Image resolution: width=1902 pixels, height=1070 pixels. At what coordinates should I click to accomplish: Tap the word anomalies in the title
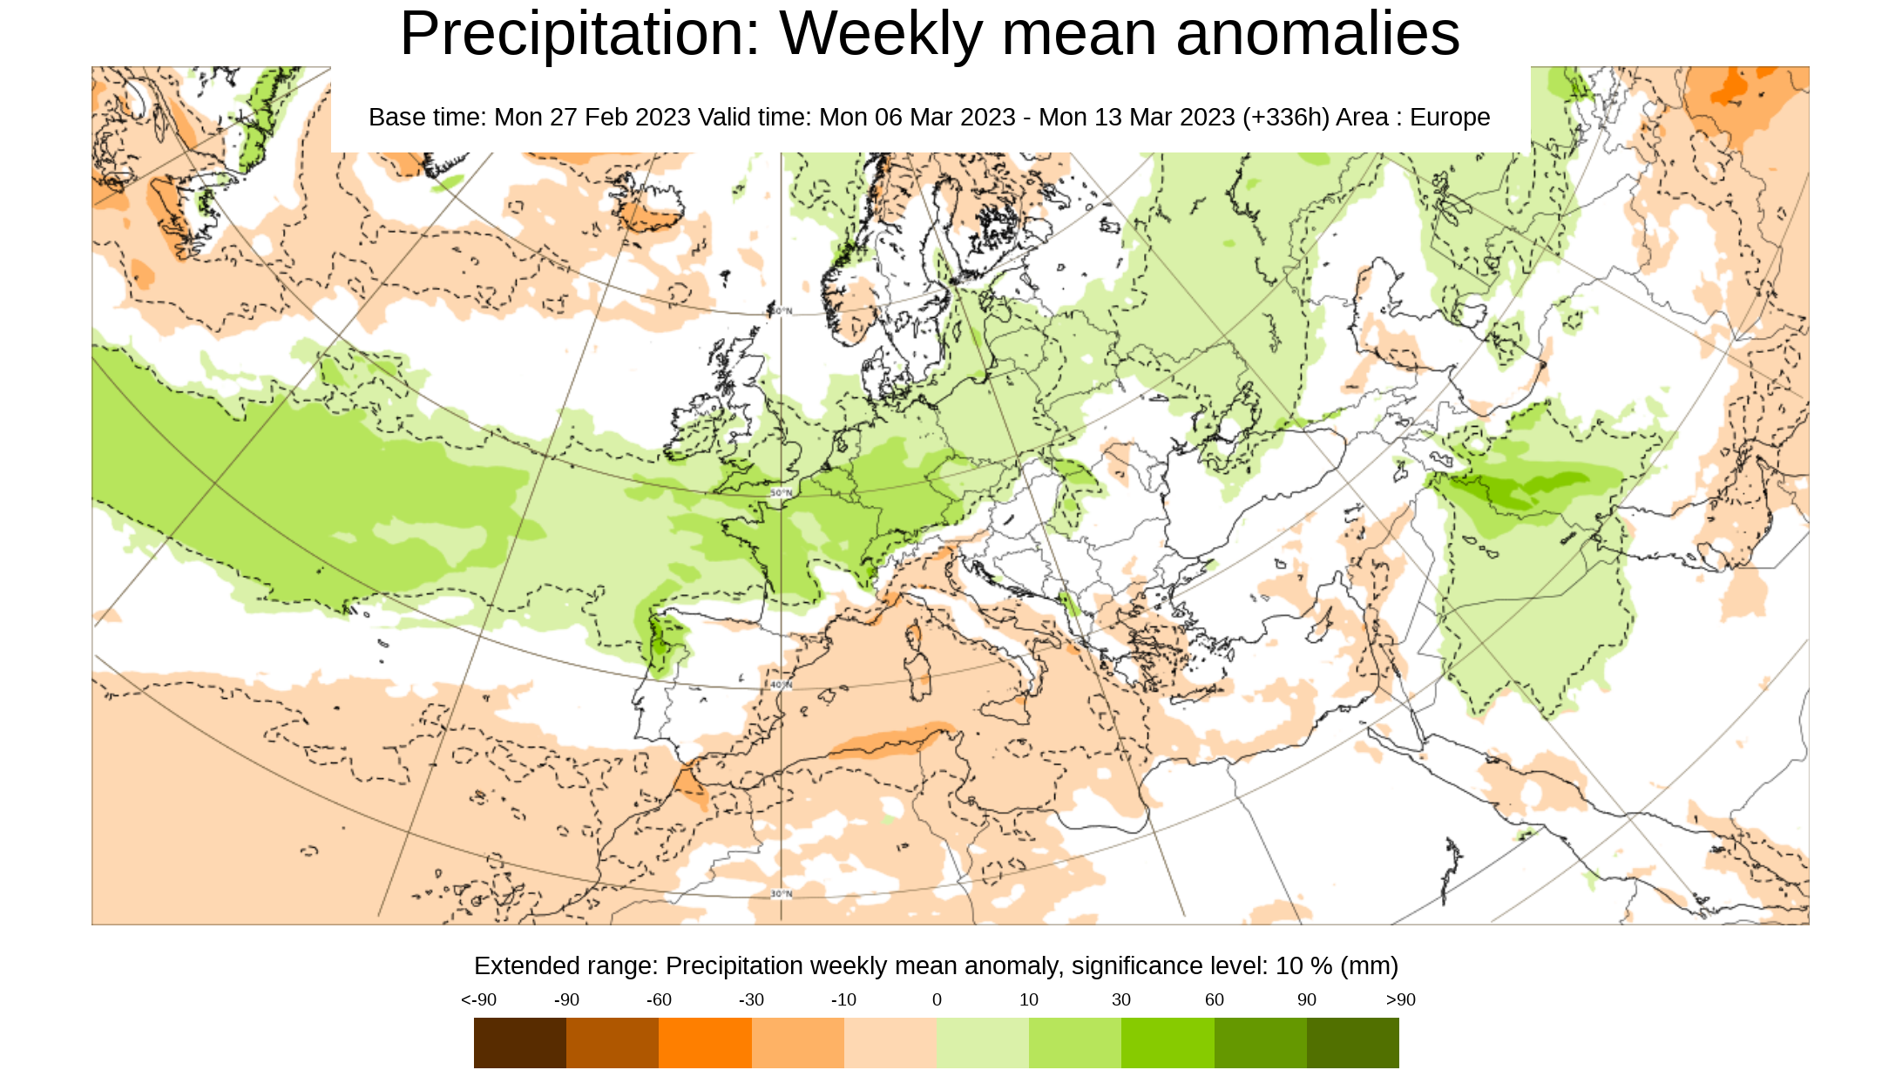1317,35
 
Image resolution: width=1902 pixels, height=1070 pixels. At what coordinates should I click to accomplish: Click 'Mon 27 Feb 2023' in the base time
592,118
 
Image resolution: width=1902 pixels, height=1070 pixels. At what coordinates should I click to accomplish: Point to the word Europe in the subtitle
1450,118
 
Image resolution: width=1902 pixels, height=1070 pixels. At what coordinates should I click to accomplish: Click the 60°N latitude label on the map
781,311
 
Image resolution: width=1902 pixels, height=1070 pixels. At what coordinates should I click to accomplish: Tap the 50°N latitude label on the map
781,493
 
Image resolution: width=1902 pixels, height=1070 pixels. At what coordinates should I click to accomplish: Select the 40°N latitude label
781,685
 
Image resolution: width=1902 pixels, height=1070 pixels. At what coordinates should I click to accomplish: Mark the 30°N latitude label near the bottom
781,894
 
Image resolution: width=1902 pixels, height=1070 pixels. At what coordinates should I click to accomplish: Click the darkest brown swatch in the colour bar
519,1042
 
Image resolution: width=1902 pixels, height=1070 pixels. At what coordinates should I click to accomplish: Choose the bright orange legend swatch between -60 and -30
705,1042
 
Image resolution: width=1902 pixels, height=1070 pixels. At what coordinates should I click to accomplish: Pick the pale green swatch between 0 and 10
982,1042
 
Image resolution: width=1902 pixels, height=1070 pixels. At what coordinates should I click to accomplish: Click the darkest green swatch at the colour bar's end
1352,1042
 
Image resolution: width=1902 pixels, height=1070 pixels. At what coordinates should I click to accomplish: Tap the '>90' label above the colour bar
1400,1000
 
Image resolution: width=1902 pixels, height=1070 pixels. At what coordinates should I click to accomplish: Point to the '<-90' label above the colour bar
478,1000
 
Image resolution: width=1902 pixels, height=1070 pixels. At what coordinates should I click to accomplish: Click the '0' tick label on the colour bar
937,1000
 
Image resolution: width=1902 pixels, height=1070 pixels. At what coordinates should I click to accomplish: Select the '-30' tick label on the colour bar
751,1000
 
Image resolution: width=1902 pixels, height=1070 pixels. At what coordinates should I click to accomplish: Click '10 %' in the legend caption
1303,966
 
